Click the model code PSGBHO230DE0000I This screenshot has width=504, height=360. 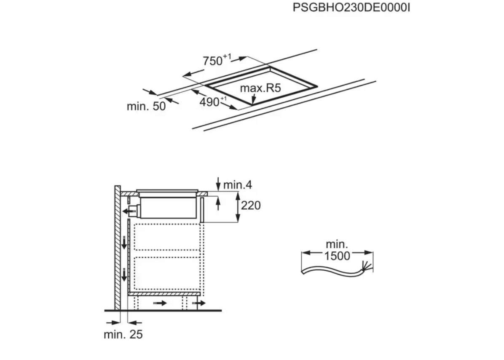coord(351,8)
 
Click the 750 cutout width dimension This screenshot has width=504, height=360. coord(217,60)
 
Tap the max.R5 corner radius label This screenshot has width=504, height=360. coord(260,88)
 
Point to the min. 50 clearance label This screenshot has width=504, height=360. coord(146,106)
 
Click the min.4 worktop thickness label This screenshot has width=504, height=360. coord(238,185)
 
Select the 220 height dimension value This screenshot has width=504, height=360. coord(251,205)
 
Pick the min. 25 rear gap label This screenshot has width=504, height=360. coord(123,335)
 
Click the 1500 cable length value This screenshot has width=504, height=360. coord(337,256)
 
